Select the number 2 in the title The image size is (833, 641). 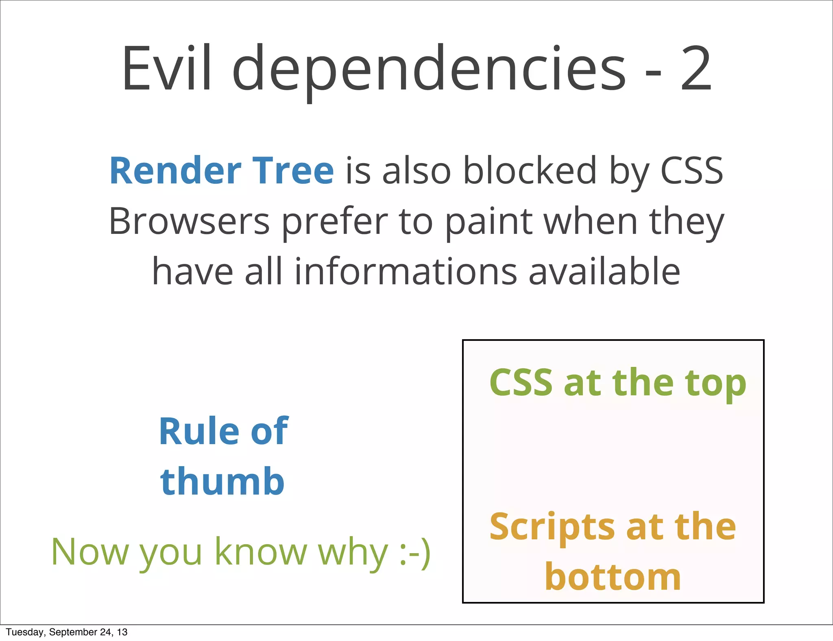[x=696, y=69]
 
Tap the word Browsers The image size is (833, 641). [x=189, y=222]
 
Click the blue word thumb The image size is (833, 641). [x=222, y=482]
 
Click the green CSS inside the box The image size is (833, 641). [x=521, y=382]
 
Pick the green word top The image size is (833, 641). [x=715, y=384]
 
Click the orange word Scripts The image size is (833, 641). [x=552, y=528]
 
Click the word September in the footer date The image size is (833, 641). [x=73, y=632]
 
